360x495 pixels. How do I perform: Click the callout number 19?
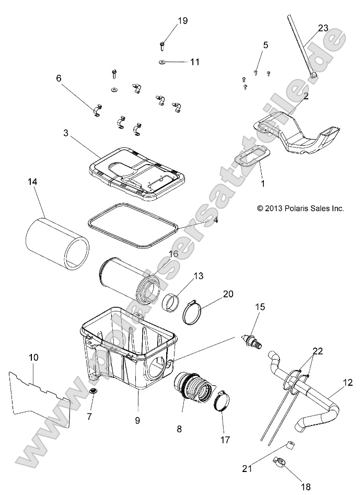click(168, 21)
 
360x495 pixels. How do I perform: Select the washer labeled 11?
click(162, 62)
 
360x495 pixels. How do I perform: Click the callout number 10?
click(33, 358)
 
